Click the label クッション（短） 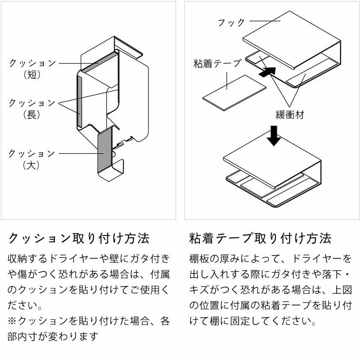click(x=32, y=69)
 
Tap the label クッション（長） click(x=32, y=108)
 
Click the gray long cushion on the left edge click(x=78, y=95)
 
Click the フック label click(x=231, y=22)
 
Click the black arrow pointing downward click(x=274, y=136)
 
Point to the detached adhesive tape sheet click(x=235, y=91)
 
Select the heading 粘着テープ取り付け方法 click(x=260, y=238)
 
